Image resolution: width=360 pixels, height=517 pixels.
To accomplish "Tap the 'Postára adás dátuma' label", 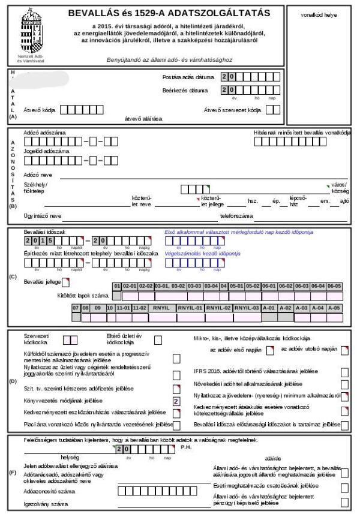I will pyautogui.click(x=185, y=77).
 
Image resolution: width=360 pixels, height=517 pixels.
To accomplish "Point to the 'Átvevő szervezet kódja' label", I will pyautogui.click(x=233, y=110).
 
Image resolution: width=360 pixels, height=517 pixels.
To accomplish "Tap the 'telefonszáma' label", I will pyautogui.click(x=236, y=215).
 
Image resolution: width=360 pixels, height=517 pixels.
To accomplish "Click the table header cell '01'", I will pyautogui.click(x=117, y=286).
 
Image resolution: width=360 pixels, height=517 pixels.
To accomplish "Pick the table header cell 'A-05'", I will pyautogui.click(x=334, y=308).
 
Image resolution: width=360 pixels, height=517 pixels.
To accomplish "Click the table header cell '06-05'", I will pyautogui.click(x=334, y=286).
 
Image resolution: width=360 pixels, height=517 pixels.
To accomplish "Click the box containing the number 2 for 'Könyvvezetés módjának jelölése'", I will pyautogui.click(x=176, y=401).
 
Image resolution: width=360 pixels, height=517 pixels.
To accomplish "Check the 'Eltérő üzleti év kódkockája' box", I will pyautogui.click(x=158, y=340).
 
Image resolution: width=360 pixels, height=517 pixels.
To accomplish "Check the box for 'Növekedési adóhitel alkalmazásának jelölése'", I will pyautogui.click(x=344, y=384).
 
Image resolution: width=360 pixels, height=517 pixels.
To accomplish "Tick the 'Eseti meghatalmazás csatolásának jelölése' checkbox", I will pyautogui.click(x=344, y=486).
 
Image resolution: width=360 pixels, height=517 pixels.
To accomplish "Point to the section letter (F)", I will pyautogui.click(x=13, y=473).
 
